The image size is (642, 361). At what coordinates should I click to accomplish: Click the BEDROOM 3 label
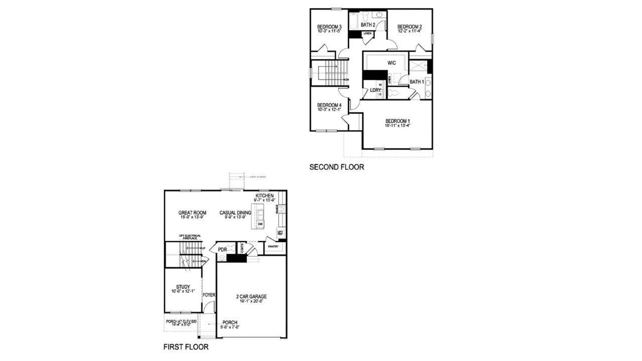[329, 27]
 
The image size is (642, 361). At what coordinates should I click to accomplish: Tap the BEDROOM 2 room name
[409, 27]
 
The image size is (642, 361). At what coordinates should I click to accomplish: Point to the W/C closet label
[392, 63]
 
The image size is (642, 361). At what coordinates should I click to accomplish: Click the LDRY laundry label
[375, 90]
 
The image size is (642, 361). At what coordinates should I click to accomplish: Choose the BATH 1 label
[416, 82]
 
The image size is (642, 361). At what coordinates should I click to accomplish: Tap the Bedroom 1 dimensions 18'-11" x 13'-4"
[398, 126]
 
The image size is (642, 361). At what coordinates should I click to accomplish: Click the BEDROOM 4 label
[329, 105]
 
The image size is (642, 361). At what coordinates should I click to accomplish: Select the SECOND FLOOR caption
[337, 167]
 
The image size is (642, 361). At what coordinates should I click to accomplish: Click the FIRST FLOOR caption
[186, 346]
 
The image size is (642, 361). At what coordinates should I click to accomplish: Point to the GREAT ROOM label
[192, 213]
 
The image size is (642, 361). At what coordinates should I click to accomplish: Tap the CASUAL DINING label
[235, 213]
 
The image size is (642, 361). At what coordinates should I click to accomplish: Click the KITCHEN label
[264, 195]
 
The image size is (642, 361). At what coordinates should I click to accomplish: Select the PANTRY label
[273, 246]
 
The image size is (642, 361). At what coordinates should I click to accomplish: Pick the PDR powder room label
[222, 249]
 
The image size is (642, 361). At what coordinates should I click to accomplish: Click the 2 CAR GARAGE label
[251, 296]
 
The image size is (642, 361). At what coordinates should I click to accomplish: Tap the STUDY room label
[183, 287]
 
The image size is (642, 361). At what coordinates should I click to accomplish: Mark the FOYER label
[209, 295]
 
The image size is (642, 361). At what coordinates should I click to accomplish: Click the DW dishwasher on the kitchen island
[260, 224]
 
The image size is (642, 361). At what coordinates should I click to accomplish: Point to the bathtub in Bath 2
[354, 20]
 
